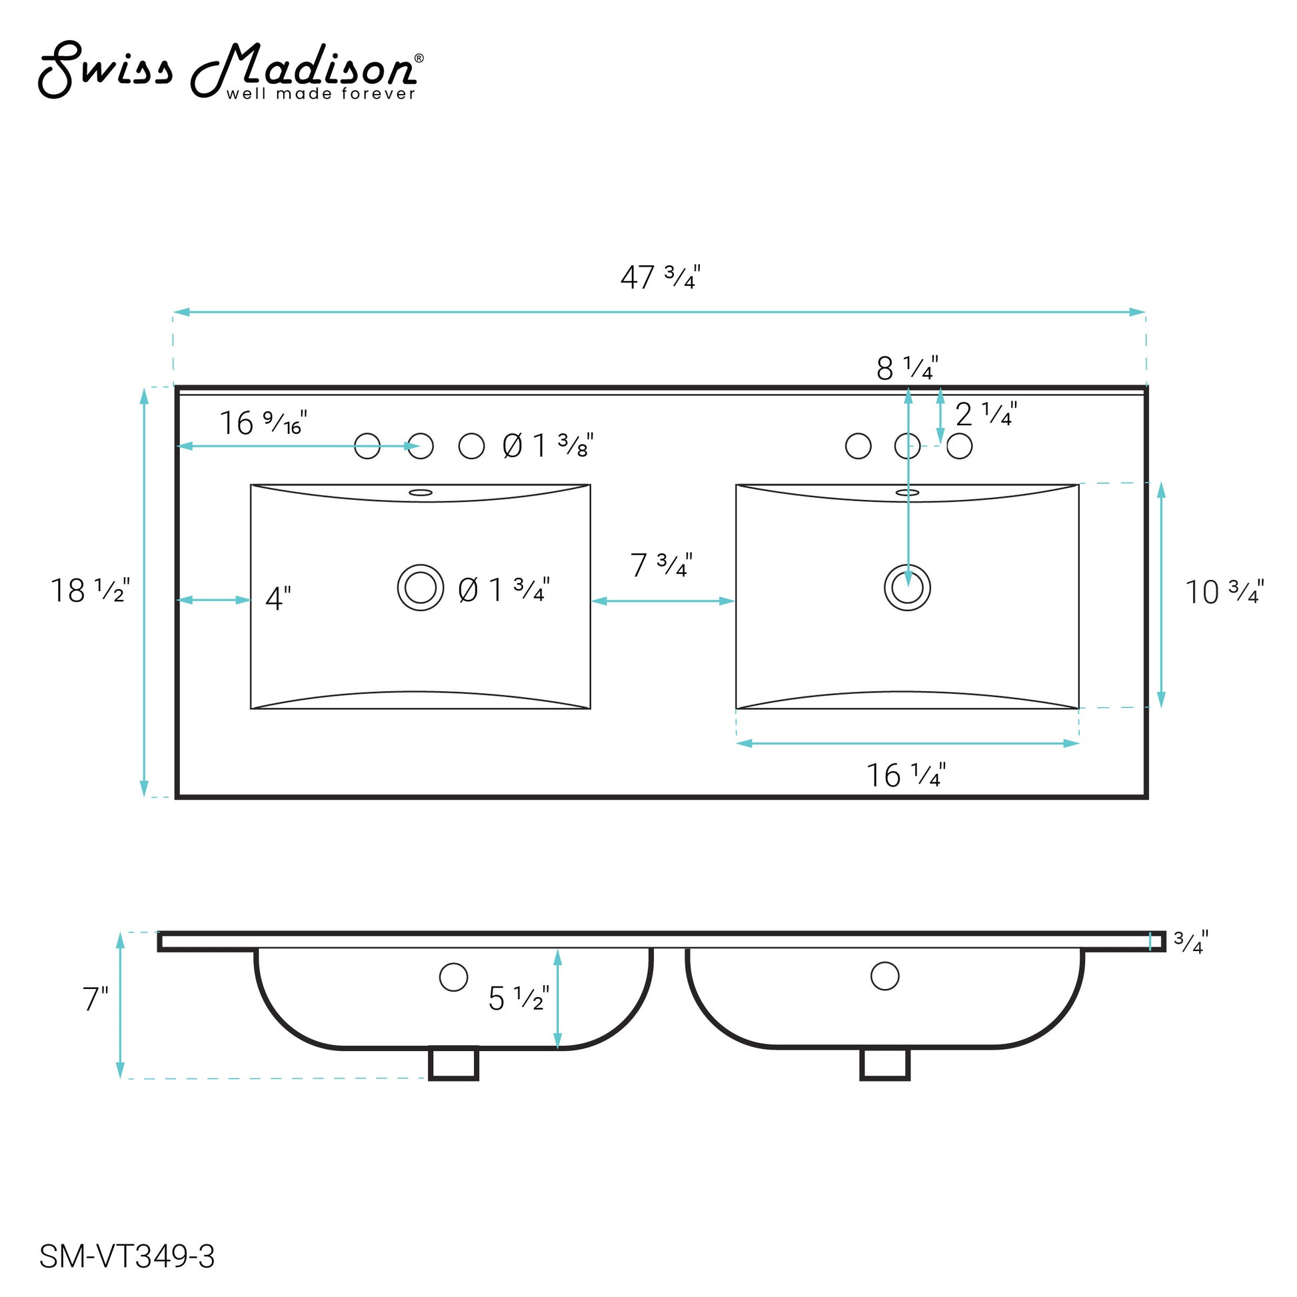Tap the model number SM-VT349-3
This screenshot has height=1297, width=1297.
127,1256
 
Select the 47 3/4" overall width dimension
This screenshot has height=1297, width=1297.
660,277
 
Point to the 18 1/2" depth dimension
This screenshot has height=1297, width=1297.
91,591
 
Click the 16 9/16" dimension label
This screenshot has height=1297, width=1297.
263,423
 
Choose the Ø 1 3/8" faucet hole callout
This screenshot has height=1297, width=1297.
548,446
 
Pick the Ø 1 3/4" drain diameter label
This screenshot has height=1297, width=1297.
503,590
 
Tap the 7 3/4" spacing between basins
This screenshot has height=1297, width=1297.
661,565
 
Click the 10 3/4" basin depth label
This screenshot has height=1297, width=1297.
1224,592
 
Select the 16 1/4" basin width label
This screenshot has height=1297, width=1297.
906,775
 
